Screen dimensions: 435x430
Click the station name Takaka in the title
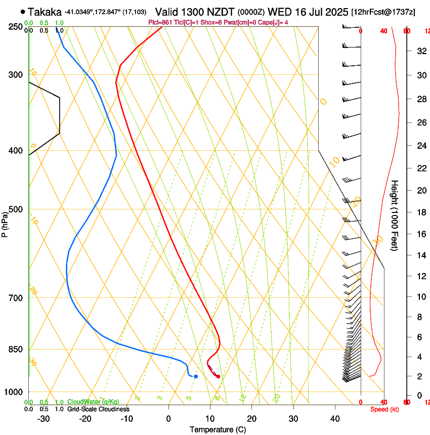coord(45,12)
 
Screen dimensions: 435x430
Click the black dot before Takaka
coord(23,12)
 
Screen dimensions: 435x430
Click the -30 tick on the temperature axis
coord(44,419)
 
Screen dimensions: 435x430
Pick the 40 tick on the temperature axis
coord(334,419)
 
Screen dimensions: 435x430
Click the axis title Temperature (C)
coord(218,429)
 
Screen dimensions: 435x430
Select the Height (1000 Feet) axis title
coord(395,215)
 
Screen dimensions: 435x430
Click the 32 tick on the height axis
coord(420,51)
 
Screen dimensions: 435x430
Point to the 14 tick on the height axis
coord(420,255)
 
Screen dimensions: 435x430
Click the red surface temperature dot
coord(218,376)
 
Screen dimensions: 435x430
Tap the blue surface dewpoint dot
coord(195,376)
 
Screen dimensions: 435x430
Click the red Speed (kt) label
coord(384,409)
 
